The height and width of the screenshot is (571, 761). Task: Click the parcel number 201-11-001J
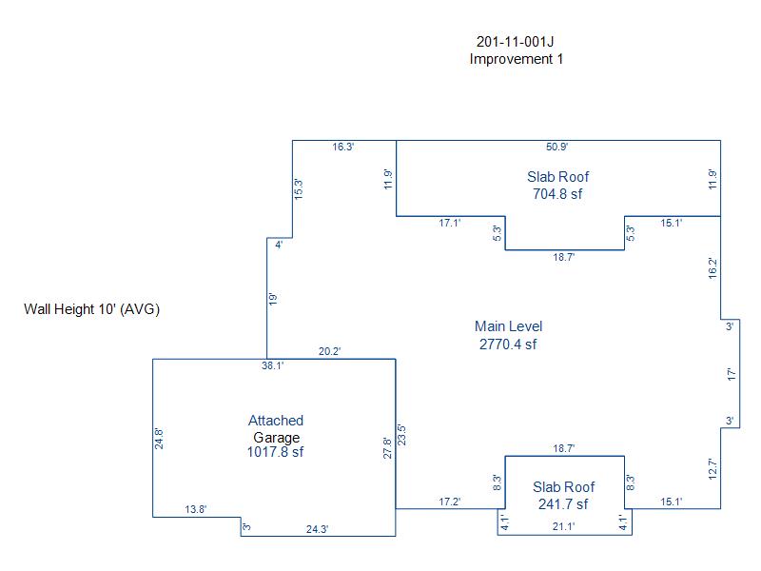(x=515, y=42)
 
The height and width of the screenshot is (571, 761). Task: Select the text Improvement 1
(x=516, y=59)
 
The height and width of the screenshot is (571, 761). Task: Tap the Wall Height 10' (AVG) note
(x=91, y=309)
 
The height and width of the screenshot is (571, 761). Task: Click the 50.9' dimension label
(x=556, y=147)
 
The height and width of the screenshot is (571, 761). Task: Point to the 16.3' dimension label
(x=343, y=147)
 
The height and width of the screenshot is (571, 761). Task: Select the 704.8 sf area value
(x=557, y=194)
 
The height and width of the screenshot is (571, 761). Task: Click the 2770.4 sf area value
(x=508, y=345)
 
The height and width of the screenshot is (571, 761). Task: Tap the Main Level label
(x=508, y=326)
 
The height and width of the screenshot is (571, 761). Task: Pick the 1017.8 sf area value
(x=275, y=452)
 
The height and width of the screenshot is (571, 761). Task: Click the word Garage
(x=276, y=438)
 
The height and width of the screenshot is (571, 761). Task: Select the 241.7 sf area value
(x=563, y=504)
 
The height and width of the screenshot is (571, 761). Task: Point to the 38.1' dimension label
(x=273, y=365)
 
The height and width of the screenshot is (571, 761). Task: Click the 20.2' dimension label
(x=329, y=351)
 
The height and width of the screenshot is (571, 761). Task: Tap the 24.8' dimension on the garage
(x=159, y=439)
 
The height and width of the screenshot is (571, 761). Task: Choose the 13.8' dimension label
(x=196, y=509)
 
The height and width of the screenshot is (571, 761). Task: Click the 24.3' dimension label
(x=317, y=529)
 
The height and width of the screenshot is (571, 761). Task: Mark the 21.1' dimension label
(x=563, y=526)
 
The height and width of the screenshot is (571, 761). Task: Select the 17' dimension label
(x=732, y=374)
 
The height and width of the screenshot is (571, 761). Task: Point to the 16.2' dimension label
(x=712, y=268)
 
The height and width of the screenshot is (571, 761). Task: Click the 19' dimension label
(x=272, y=299)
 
